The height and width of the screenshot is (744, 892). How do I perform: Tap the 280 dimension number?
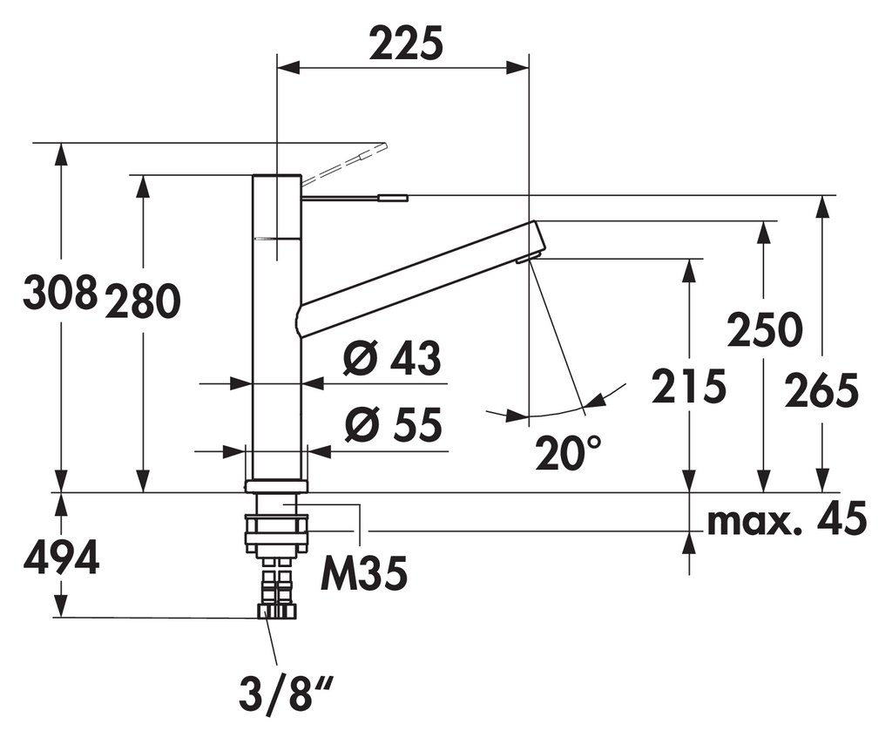[143, 301]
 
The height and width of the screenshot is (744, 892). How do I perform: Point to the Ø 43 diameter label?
[392, 358]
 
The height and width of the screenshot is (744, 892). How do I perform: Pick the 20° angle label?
[568, 452]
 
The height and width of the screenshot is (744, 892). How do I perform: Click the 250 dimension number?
[764, 330]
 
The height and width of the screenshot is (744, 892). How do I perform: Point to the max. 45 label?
[787, 520]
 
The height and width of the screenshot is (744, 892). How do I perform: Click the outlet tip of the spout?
[529, 258]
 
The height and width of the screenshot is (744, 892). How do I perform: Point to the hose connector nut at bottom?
[277, 610]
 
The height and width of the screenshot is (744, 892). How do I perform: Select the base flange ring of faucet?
[277, 486]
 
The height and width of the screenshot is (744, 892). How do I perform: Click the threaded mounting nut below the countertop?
[277, 532]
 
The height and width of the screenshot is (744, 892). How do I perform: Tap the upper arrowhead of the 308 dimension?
[61, 152]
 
